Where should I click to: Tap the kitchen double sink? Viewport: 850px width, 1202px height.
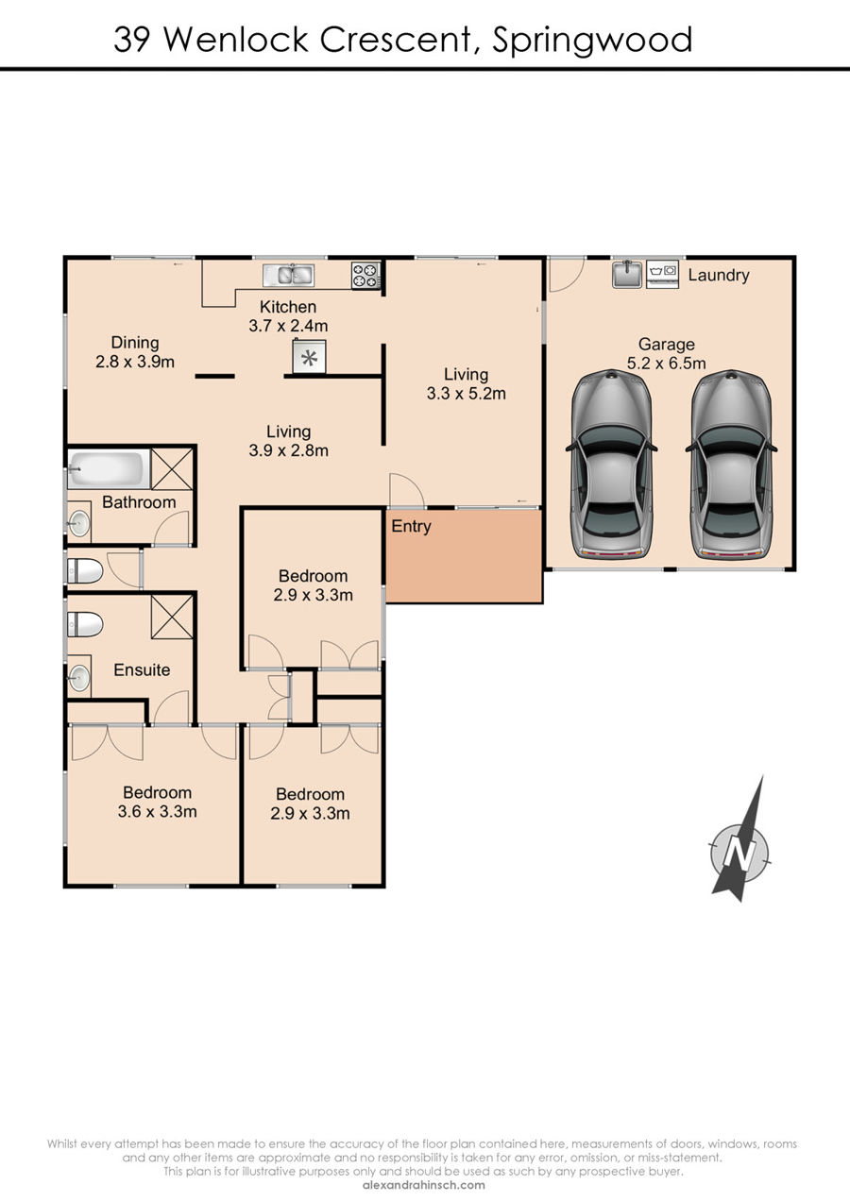(288, 276)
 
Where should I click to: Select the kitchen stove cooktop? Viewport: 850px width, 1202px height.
(366, 276)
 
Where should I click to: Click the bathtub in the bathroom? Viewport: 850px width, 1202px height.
(109, 469)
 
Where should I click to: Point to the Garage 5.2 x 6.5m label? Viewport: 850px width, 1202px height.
(666, 353)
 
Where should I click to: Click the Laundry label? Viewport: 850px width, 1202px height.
(719, 276)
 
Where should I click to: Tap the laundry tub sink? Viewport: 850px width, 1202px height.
(627, 274)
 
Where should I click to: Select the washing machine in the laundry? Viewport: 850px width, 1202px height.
(663, 274)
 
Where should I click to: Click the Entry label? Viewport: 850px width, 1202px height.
(411, 527)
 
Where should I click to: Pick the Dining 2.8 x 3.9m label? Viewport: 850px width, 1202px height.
(135, 352)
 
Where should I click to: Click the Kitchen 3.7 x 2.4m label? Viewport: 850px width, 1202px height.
(288, 316)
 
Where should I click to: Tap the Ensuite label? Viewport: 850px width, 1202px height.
(142, 669)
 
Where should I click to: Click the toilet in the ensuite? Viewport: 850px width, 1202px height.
(85, 625)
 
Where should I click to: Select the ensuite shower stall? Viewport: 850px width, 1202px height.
(172, 617)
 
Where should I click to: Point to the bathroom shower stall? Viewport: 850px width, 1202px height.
(172, 469)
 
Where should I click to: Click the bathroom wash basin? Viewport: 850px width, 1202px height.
(79, 522)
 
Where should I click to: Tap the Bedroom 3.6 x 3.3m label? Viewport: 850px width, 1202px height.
(157, 803)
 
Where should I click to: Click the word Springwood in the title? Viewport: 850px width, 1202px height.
(592, 41)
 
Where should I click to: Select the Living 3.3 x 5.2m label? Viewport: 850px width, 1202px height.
(466, 383)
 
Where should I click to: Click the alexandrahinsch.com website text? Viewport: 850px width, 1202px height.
(424, 1185)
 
